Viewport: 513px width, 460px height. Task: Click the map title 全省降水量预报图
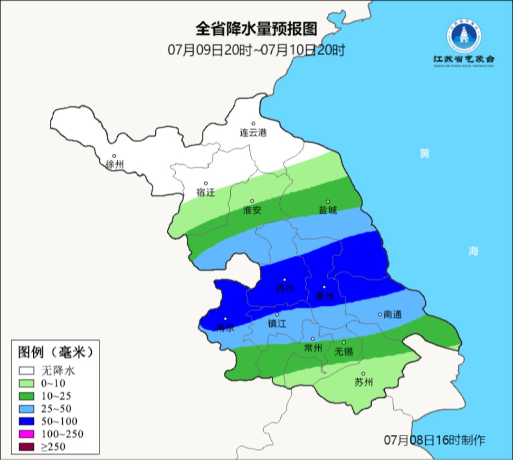point(256,29)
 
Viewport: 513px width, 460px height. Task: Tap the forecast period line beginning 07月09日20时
point(256,50)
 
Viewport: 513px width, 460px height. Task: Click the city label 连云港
point(253,133)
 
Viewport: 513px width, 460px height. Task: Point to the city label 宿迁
point(206,193)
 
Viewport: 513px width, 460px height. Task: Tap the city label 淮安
point(252,210)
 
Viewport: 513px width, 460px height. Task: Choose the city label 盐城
point(328,210)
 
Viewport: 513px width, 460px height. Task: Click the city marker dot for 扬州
point(285,280)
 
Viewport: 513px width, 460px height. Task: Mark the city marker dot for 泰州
point(324,287)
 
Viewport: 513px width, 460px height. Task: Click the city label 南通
point(393,314)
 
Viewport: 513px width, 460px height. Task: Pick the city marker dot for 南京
point(225,319)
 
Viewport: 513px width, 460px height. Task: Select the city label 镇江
point(278,324)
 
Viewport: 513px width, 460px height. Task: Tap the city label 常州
point(313,348)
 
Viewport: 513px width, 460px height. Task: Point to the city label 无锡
point(344,352)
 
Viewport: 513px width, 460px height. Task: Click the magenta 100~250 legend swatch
point(27,434)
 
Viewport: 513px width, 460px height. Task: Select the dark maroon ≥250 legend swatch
point(27,446)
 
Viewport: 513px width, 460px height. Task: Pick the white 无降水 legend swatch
point(27,370)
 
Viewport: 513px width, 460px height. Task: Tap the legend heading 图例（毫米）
point(54,352)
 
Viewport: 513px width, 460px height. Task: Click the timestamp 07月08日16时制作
point(435,440)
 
